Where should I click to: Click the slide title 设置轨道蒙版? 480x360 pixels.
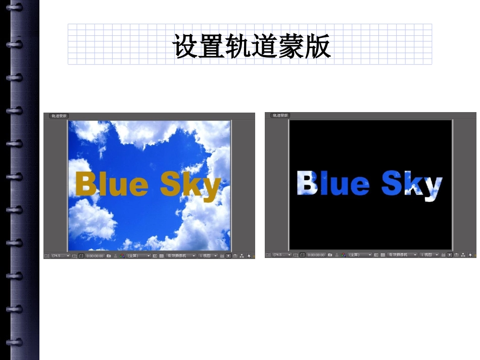251,46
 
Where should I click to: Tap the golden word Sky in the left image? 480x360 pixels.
190,185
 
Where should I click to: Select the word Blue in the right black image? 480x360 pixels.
333,183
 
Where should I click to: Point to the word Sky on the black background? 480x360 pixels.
412,184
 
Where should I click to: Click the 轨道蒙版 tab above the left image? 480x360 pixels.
59,116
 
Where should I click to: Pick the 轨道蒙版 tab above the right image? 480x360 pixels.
280,116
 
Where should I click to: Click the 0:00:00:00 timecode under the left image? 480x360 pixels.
95,256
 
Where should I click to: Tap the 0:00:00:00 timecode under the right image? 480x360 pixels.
316,255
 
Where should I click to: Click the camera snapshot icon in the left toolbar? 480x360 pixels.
109,256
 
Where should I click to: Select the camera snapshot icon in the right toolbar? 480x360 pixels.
330,255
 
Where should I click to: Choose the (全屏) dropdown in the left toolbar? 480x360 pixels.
137,256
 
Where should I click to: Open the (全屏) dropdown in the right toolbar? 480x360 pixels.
359,255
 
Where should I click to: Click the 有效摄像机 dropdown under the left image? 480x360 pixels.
180,256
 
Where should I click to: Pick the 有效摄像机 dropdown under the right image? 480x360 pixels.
401,255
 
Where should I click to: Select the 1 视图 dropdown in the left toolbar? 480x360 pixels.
208,256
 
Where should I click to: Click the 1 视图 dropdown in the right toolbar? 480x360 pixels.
429,255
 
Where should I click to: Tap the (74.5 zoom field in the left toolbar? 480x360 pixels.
56,256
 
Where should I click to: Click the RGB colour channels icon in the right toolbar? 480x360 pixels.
343,255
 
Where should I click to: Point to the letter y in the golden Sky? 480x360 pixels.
211,188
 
